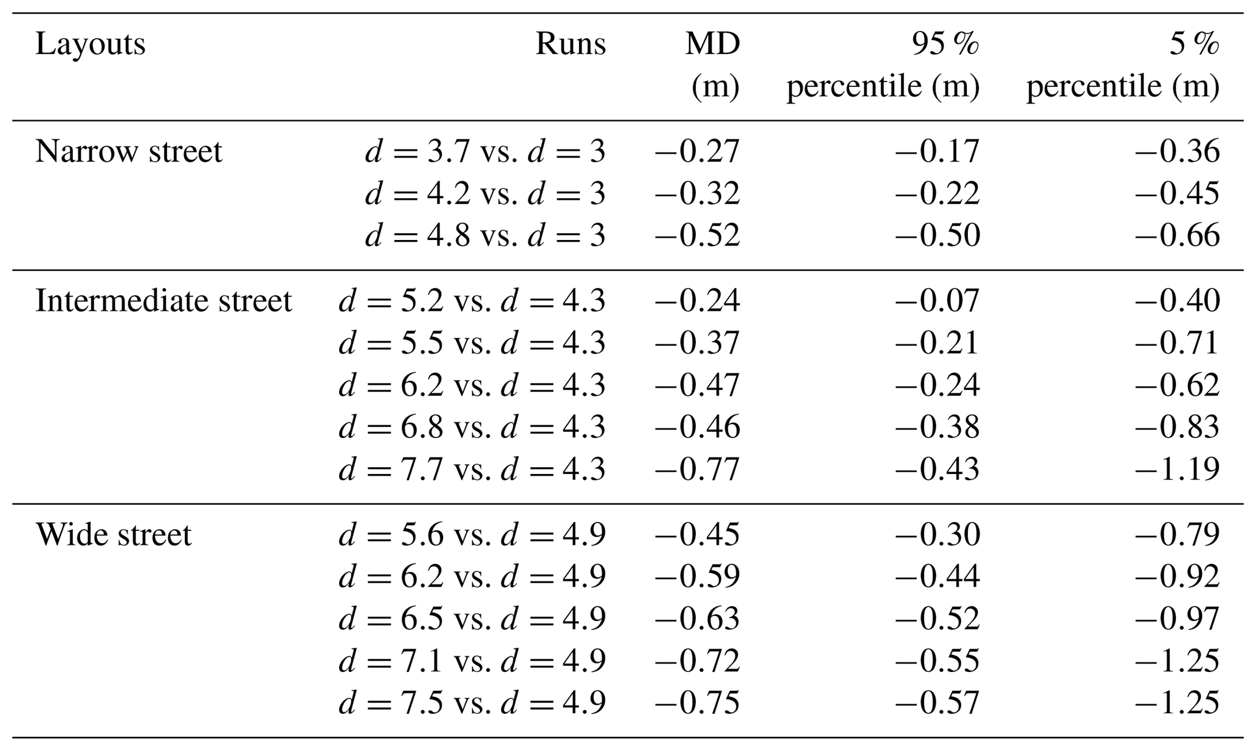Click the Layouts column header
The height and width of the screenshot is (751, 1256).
(x=90, y=44)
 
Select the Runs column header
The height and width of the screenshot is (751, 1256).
(x=570, y=44)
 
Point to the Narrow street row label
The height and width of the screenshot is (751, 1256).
(x=128, y=151)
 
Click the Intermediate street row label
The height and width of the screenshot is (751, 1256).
(x=163, y=301)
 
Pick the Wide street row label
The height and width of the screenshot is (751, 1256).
(x=113, y=535)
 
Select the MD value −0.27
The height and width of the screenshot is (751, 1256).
(x=696, y=151)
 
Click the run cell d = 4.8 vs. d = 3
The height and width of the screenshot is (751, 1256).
(x=485, y=235)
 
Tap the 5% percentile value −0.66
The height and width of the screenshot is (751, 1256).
(x=1176, y=235)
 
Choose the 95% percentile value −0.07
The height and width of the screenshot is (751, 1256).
(x=937, y=301)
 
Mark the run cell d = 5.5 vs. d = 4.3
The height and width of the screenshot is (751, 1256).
(x=472, y=343)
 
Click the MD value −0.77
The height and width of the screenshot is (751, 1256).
(x=696, y=469)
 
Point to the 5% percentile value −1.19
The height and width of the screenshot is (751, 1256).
(x=1176, y=469)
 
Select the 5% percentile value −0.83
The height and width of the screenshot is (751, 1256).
(x=1176, y=427)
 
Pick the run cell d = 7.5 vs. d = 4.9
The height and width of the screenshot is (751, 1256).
(x=472, y=703)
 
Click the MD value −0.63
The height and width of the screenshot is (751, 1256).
(x=696, y=619)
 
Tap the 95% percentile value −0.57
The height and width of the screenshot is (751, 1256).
(x=937, y=703)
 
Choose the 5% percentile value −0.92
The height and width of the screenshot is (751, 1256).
(x=1176, y=577)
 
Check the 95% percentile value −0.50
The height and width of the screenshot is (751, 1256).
(x=937, y=235)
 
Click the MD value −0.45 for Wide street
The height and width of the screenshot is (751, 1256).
(x=696, y=535)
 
